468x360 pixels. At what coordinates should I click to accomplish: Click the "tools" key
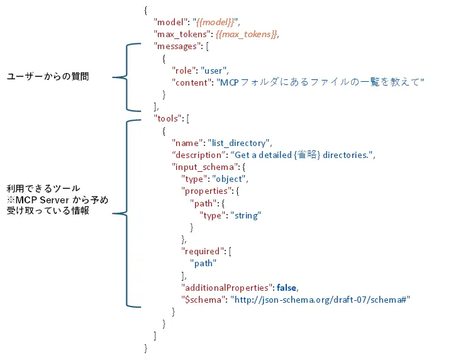(168, 118)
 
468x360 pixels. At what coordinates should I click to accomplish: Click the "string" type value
(245, 215)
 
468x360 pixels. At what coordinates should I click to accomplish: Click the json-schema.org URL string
(320, 300)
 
